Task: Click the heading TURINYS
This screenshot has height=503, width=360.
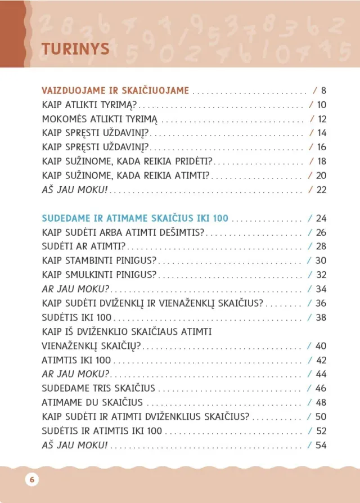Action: pos(75,49)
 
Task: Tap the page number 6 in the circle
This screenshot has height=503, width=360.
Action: pos(31,479)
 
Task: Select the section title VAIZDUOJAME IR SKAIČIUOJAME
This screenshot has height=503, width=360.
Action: pos(115,90)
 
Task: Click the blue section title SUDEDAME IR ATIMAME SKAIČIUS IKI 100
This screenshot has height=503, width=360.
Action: pos(135,218)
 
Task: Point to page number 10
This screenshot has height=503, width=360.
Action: pos(322,105)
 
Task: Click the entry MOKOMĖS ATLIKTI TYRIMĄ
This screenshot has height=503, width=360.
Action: pos(100,119)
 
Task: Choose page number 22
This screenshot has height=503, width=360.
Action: pos(322,190)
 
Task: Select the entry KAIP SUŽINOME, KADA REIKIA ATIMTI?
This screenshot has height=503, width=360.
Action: pos(125,176)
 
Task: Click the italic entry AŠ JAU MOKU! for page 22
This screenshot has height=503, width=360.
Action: pos(74,190)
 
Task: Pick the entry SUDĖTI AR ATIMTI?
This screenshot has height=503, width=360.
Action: pos(83,246)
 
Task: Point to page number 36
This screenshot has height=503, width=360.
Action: pos(321,303)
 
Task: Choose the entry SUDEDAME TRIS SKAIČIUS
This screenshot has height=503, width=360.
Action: pos(98,388)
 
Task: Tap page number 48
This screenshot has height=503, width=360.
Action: pos(321,403)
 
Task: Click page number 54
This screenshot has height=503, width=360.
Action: pos(321,446)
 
